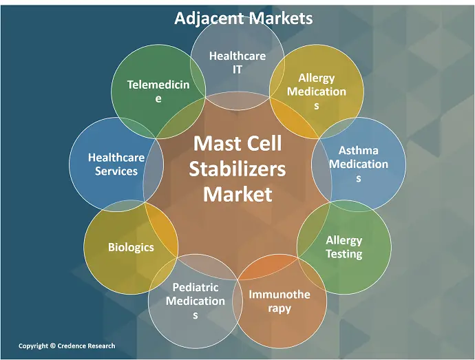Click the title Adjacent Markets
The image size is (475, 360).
(243, 18)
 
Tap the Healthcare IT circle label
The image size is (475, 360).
(237, 62)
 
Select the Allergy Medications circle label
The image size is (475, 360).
(317, 92)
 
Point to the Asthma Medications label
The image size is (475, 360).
(358, 164)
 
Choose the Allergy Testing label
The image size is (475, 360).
(344, 246)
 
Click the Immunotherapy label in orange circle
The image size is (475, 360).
(279, 301)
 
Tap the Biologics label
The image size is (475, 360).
(131, 246)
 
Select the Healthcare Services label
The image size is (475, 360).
(116, 164)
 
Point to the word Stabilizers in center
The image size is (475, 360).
(237, 169)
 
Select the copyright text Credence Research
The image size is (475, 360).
(67, 346)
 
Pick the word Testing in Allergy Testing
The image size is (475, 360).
(344, 254)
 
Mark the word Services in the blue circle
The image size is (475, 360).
(116, 171)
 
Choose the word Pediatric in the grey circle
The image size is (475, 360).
(196, 287)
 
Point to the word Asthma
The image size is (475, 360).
(358, 150)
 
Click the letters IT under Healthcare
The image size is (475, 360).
(237, 69)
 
